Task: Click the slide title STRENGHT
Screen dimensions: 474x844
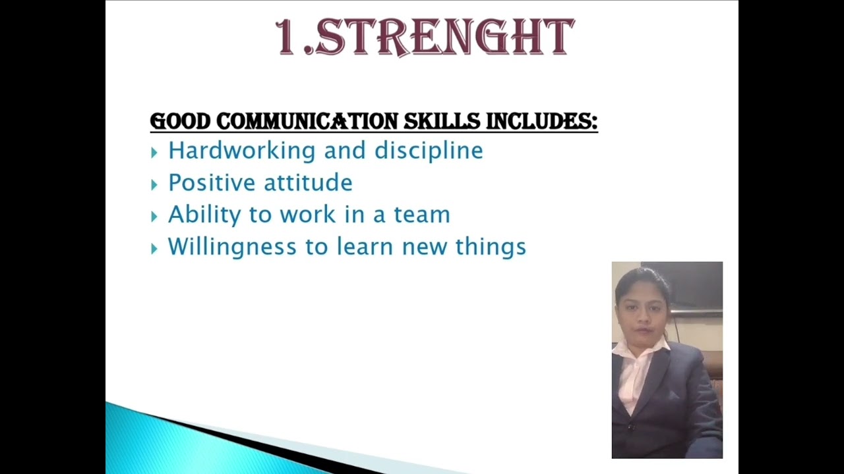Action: [x=445, y=38]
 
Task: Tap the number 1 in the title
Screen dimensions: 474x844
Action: [x=286, y=38]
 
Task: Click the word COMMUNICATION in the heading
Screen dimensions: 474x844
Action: [x=307, y=122]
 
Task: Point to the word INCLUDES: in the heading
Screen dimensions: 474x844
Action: [x=541, y=122]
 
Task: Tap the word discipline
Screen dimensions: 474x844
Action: [x=429, y=151]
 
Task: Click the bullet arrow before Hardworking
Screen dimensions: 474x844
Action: [x=154, y=153]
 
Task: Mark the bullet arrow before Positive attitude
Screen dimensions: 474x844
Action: [x=154, y=185]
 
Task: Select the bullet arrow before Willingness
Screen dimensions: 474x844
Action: [x=154, y=249]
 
